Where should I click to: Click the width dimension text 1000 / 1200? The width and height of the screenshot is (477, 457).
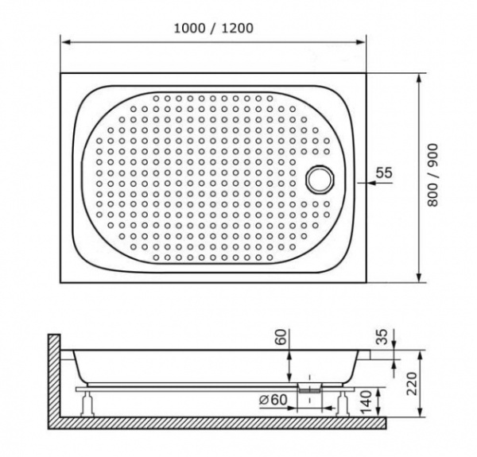coord(213,28)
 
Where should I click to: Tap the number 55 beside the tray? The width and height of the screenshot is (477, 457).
coord(383,172)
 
